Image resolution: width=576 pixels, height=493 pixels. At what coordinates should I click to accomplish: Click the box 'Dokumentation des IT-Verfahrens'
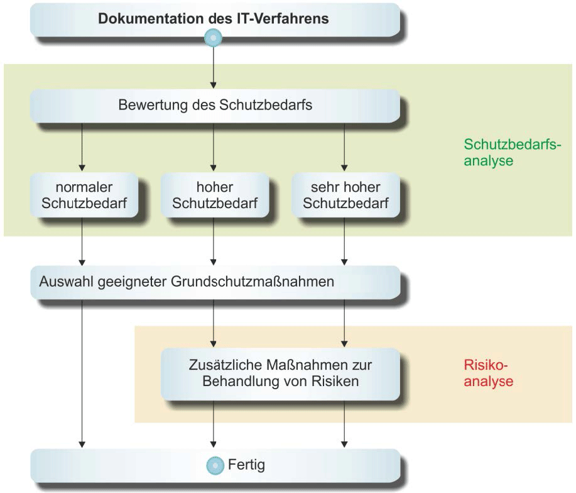(x=214, y=19)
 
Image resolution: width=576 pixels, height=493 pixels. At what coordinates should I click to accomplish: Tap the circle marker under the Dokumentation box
(x=214, y=39)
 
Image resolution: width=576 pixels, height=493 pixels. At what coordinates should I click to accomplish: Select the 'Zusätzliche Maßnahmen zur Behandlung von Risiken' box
(x=280, y=373)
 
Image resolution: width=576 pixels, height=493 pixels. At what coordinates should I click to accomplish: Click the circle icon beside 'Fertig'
(x=215, y=466)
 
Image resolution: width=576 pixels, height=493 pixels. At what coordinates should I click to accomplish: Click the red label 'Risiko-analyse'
(x=488, y=373)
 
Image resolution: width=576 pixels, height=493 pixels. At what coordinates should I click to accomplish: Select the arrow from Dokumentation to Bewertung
(x=214, y=66)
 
